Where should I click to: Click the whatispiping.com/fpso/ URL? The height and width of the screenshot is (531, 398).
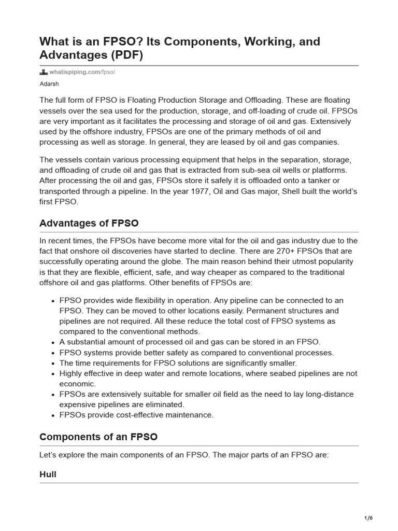(82, 72)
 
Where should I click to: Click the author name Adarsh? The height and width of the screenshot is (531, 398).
(49, 82)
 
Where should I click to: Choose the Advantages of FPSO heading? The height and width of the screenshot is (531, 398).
(89, 223)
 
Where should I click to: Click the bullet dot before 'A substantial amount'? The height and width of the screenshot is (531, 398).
(53, 342)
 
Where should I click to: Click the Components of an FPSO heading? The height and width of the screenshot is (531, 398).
(98, 437)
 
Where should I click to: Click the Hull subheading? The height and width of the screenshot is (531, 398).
(48, 474)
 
